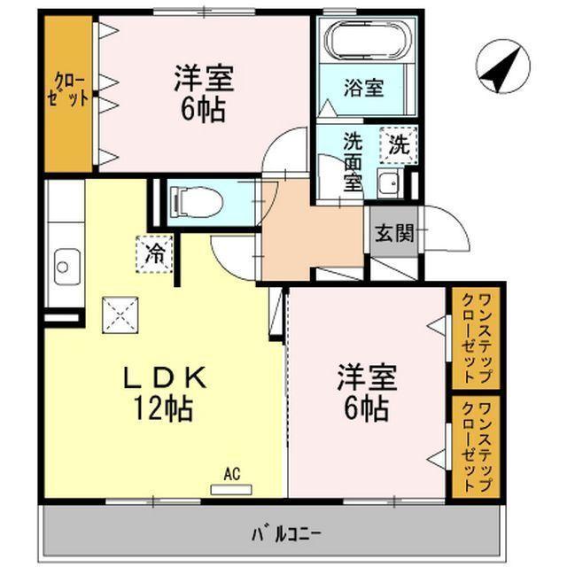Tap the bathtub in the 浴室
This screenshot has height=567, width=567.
click(x=364, y=41)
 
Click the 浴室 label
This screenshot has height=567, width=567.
click(x=363, y=88)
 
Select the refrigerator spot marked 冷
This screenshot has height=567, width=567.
click(x=154, y=254)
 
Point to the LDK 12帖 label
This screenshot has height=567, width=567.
click(x=164, y=392)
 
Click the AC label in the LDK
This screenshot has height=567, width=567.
click(x=231, y=475)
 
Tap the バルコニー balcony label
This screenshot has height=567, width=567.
click(x=285, y=534)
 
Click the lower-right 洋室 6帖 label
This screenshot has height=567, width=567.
click(x=365, y=392)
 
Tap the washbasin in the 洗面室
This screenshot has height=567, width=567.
click(x=387, y=184)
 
